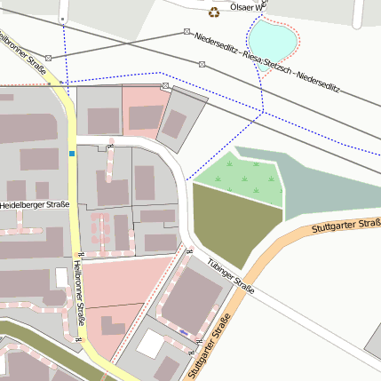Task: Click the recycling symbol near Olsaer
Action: pos(213,12)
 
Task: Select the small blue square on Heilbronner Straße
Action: pos(72,154)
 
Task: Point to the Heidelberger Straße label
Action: pos(35,205)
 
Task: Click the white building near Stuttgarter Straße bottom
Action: pos(150,343)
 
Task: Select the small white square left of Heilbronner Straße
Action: pos(61,277)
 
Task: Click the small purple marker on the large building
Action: pos(183,331)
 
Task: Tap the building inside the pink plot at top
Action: pos(146,116)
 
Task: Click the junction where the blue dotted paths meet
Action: pos(264,112)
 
